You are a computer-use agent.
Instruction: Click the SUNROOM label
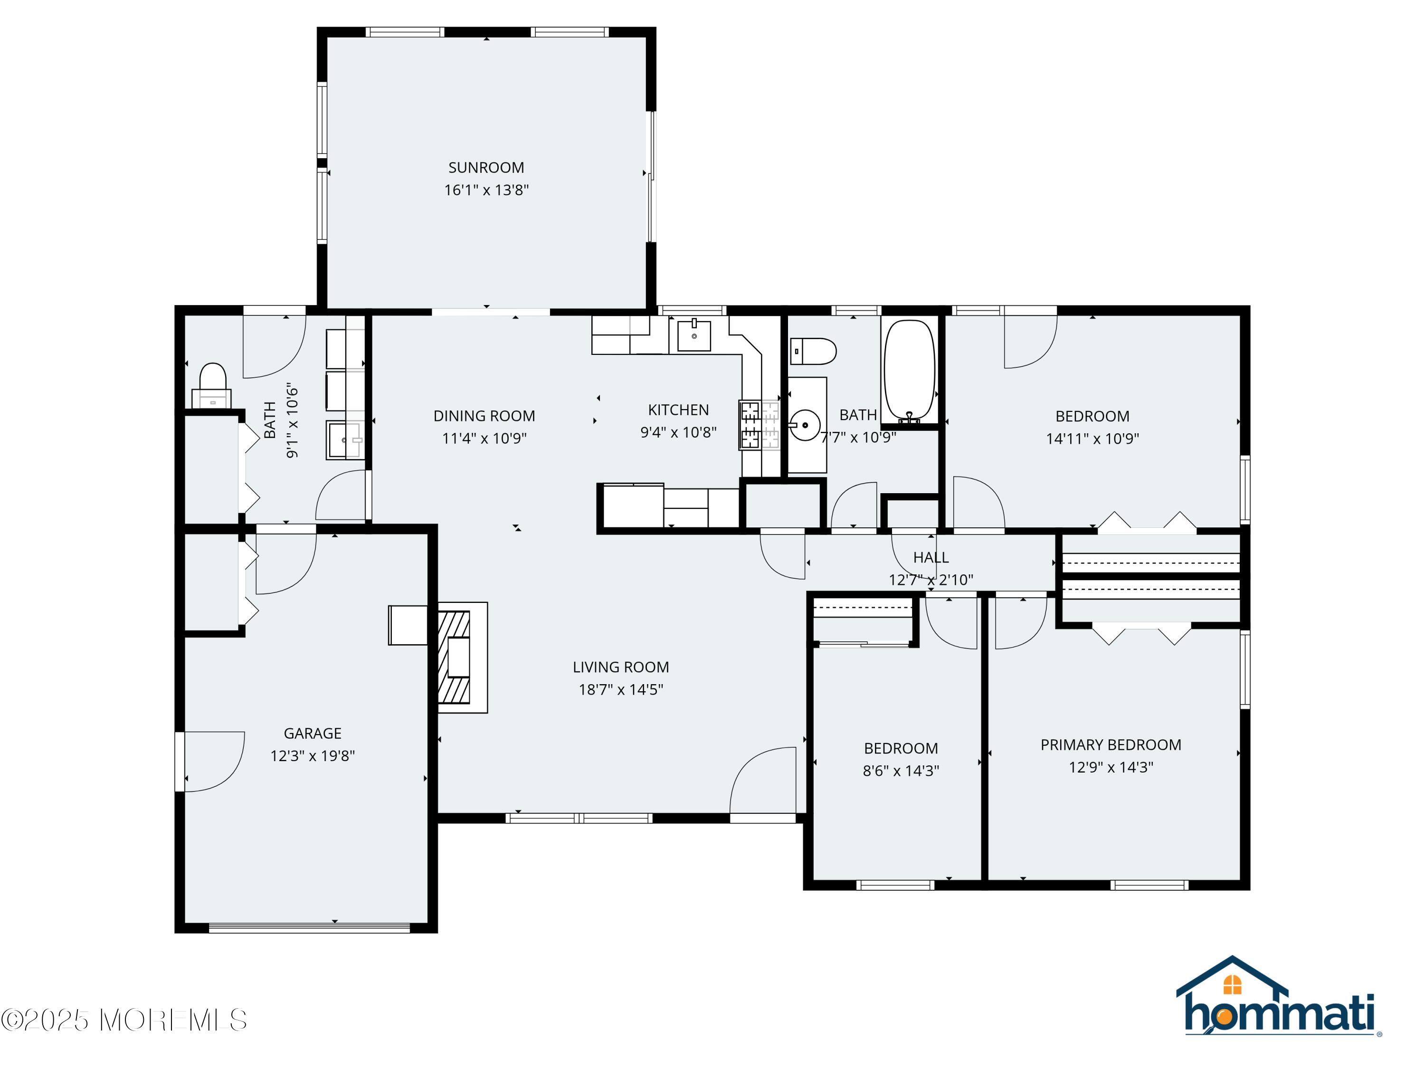click(x=486, y=168)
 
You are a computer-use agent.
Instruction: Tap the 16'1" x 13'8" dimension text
click(x=486, y=190)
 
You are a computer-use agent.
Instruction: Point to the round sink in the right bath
click(x=805, y=425)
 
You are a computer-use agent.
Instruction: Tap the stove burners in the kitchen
click(x=750, y=425)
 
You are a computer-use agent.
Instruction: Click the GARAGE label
click(x=313, y=733)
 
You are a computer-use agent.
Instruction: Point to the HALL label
click(x=931, y=557)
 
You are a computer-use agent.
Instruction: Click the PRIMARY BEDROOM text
click(x=1111, y=745)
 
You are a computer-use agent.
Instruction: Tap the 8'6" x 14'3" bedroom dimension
click(x=901, y=771)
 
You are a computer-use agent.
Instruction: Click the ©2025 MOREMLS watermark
click(x=123, y=1020)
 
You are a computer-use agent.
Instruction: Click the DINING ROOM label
click(x=484, y=416)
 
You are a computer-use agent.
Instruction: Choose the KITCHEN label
click(x=678, y=410)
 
